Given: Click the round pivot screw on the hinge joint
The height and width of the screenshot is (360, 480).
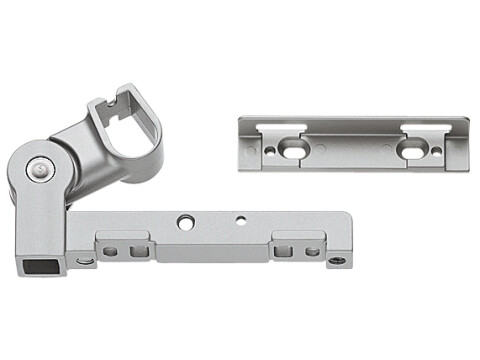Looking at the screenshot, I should pyautogui.click(x=38, y=169).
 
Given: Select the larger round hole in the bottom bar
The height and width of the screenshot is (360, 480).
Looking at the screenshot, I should pyautogui.click(x=186, y=221).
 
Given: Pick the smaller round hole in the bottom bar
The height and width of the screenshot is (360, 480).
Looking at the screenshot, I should pyautogui.click(x=240, y=219).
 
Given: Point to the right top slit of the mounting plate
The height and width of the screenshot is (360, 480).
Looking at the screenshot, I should pyautogui.click(x=425, y=127).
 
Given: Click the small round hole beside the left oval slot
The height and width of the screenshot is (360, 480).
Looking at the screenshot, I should pyautogui.click(x=270, y=152).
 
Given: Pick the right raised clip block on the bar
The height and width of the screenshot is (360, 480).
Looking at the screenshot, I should pyautogui.click(x=297, y=245).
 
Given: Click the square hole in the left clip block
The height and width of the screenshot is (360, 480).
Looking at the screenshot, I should pyautogui.click(x=111, y=251).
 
